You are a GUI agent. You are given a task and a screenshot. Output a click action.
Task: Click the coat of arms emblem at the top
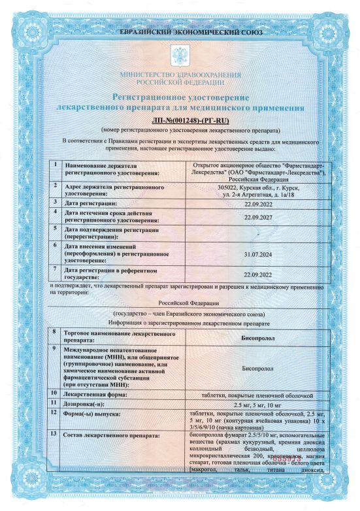tap(180, 54)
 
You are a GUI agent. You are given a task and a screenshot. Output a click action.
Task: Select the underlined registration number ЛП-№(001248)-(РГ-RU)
tap(180, 122)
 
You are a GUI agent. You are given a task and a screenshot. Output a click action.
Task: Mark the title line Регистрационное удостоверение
tap(180, 97)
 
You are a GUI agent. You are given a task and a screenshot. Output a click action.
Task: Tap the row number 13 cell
tap(56, 434)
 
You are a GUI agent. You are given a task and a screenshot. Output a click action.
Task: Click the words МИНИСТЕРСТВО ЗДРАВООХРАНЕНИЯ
tap(180, 76)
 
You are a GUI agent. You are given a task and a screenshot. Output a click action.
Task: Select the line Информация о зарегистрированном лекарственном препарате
tap(180, 323)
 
